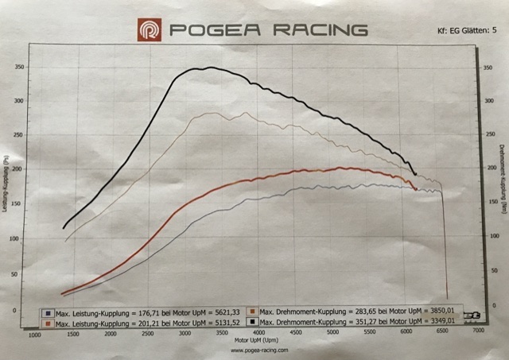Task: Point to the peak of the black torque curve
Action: [x=208, y=68]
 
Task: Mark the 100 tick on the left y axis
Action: [x=19, y=238]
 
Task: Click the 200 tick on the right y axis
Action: [x=488, y=169]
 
